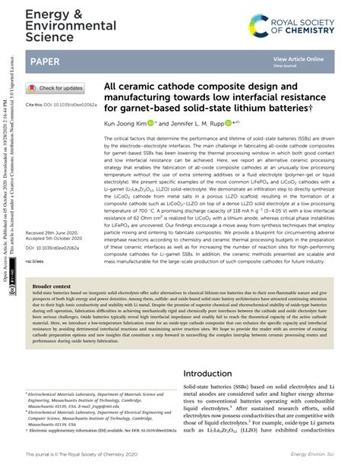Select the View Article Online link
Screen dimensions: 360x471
click(x=298, y=58)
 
